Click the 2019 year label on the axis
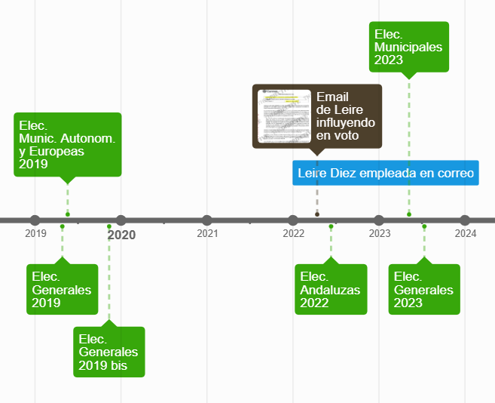[x=35, y=234]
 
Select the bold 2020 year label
[x=121, y=235]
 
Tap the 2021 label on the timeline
[x=207, y=234]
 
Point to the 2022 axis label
[x=293, y=234]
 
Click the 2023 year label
[x=379, y=234]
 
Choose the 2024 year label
[x=465, y=234]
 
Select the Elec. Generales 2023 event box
[x=423, y=289]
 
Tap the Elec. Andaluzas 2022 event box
[x=330, y=289]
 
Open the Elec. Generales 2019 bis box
[x=108, y=352]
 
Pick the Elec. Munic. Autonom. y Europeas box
[x=67, y=144]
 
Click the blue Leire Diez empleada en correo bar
[x=386, y=173]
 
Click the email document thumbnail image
[x=284, y=116]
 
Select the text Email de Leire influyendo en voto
[x=346, y=116]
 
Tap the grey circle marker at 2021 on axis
[x=207, y=220]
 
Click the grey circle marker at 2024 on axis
[x=465, y=220]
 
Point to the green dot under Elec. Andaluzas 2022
[x=331, y=226]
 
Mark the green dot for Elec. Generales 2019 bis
[x=109, y=226]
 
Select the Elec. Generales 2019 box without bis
[x=62, y=289]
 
